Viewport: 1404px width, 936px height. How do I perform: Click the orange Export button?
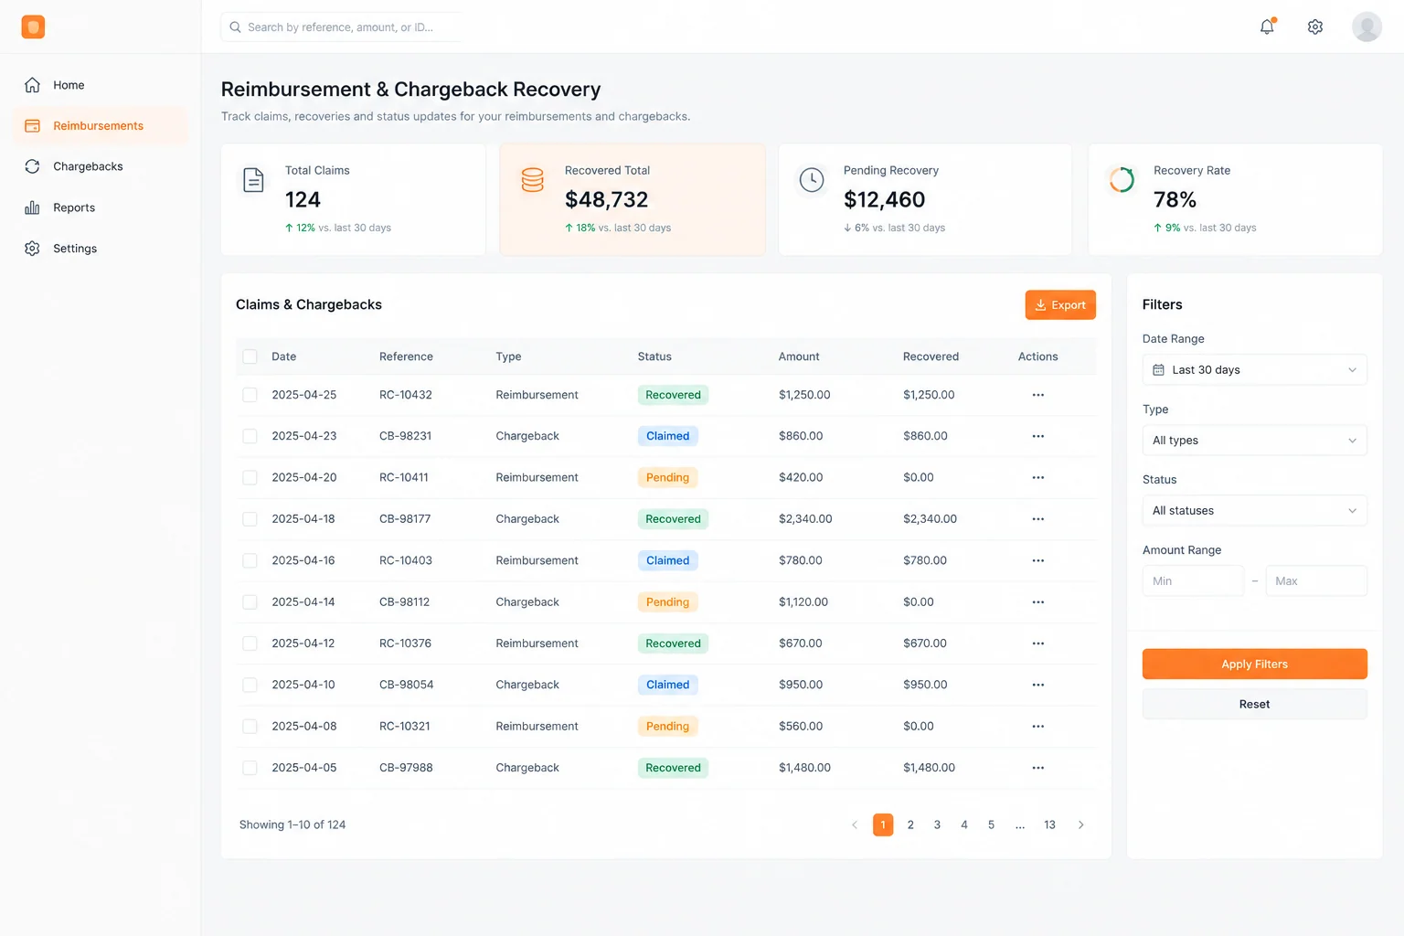(x=1060, y=304)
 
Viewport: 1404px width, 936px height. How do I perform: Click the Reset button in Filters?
(x=1254, y=704)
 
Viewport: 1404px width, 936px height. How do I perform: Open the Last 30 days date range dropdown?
(x=1254, y=370)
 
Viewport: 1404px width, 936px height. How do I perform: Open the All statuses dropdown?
(x=1254, y=510)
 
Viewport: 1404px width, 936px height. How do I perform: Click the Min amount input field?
(x=1193, y=580)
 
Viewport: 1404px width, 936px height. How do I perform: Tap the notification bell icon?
(x=1268, y=27)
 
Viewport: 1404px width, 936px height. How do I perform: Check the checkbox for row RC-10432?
(x=250, y=395)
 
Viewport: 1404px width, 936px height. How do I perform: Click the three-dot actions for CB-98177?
(x=1038, y=519)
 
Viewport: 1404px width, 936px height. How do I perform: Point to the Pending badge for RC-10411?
(x=667, y=477)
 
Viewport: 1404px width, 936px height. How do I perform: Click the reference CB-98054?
(x=406, y=685)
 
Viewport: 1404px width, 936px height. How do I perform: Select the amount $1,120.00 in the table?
(x=803, y=601)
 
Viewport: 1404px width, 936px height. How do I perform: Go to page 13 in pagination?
(x=1049, y=825)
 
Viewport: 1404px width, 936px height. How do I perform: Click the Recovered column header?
(x=931, y=356)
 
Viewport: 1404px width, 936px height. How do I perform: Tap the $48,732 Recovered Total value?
(x=606, y=199)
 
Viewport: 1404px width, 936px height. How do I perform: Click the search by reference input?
(x=342, y=27)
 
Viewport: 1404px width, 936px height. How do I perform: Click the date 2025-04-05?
(x=304, y=768)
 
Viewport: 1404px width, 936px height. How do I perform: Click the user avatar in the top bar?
(x=1367, y=27)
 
